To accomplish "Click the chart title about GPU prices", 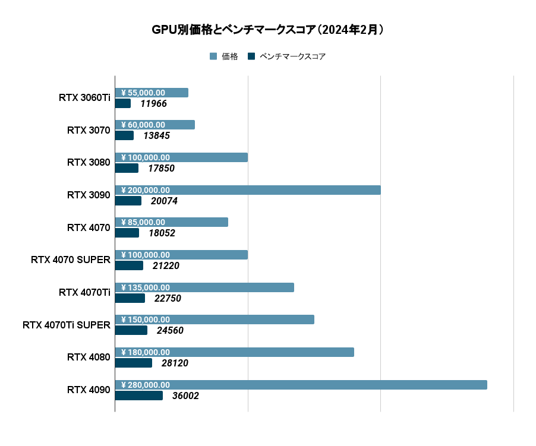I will (267, 30).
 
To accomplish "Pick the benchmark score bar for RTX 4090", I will (138, 396).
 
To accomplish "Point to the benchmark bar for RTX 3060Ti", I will (122, 103).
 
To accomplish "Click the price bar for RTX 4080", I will (267, 352).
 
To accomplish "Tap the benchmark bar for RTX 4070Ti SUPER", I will (131, 330).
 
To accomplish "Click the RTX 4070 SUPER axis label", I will (71, 260).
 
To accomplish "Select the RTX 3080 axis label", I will (89, 162).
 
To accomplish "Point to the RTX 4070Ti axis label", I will (84, 292).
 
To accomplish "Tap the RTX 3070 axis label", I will (89, 130).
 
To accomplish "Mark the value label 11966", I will (153, 104).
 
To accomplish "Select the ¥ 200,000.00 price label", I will (146, 190).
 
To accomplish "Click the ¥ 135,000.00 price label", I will (146, 287).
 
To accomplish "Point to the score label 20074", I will (164, 201).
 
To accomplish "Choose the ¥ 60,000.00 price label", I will (143, 125).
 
